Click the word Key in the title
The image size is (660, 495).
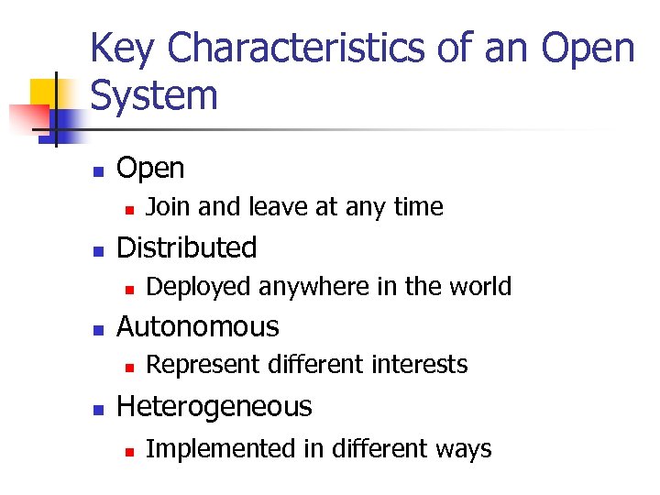pyautogui.click(x=123, y=48)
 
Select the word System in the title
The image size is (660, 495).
pyautogui.click(x=154, y=95)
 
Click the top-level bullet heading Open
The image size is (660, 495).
pyautogui.click(x=150, y=169)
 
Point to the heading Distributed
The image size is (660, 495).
pyautogui.click(x=187, y=247)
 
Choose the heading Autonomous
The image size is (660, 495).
pyautogui.click(x=198, y=326)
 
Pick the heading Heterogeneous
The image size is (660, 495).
pyautogui.click(x=214, y=406)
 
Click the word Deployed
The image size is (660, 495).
pyautogui.click(x=199, y=287)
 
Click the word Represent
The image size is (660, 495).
pyautogui.click(x=203, y=365)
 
